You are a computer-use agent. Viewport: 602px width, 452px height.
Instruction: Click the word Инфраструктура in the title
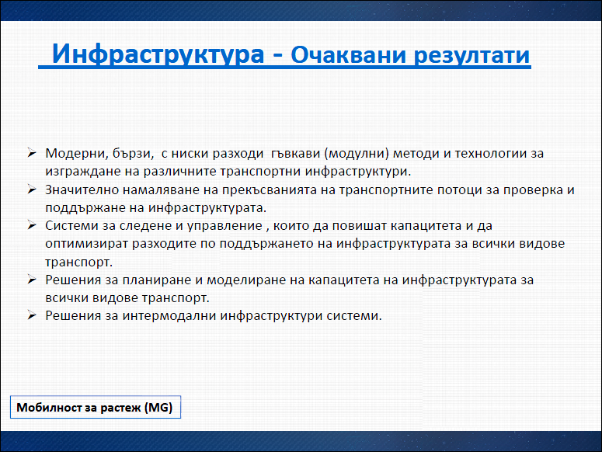[158, 54]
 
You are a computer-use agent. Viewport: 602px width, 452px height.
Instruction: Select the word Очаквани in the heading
[348, 55]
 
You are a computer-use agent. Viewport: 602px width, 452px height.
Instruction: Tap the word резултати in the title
[472, 56]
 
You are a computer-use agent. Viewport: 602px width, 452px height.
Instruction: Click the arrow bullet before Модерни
[32, 153]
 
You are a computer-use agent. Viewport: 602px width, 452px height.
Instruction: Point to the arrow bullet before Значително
[32, 189]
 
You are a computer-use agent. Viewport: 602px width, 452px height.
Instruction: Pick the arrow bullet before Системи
[32, 225]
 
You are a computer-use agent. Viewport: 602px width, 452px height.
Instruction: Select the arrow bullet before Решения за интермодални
[32, 315]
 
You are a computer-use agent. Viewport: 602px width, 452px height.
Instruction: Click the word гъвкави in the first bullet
[296, 154]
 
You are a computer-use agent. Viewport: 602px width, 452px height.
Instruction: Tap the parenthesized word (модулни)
[357, 154]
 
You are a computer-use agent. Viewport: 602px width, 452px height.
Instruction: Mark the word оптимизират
[87, 244]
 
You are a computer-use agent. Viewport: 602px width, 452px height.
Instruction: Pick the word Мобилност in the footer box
[49, 407]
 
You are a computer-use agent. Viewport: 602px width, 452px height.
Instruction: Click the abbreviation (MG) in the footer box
[158, 408]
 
